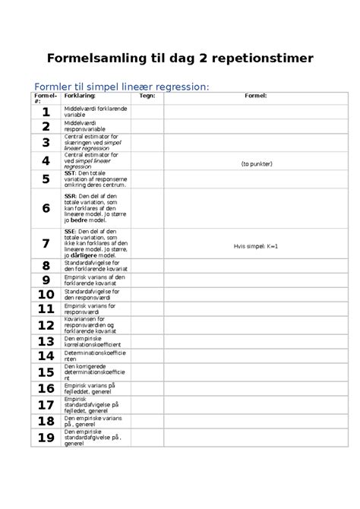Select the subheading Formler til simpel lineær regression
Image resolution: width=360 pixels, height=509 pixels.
pyautogui.click(x=117, y=87)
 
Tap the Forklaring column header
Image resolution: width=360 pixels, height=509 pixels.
pyautogui.click(x=80, y=96)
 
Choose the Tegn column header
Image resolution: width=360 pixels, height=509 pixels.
pyautogui.click(x=147, y=96)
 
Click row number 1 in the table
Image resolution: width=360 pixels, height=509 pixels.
pyautogui.click(x=46, y=112)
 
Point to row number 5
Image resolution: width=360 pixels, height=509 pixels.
pyautogui.click(x=46, y=179)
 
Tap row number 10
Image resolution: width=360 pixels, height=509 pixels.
pyautogui.click(x=46, y=294)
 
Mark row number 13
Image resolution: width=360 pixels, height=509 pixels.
pyautogui.click(x=46, y=342)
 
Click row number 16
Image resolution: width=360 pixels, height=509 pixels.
pyautogui.click(x=46, y=388)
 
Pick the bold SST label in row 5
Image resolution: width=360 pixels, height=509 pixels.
pyautogui.click(x=70, y=173)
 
